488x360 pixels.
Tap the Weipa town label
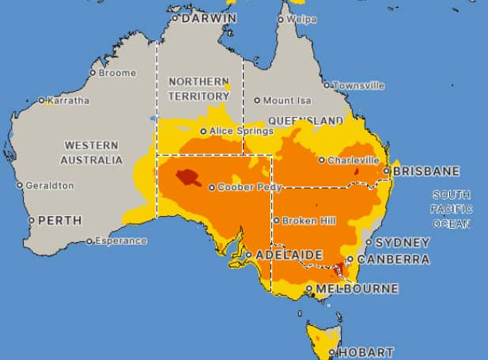pyautogui.click(x=301, y=19)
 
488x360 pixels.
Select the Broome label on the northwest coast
pyautogui.click(x=117, y=73)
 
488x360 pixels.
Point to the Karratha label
pyautogui.click(x=68, y=100)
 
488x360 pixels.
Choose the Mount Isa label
pyautogui.click(x=288, y=100)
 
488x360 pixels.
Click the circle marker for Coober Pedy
pyautogui.click(x=212, y=188)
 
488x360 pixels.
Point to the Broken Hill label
pyautogui.click(x=305, y=221)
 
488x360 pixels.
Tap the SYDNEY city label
pyautogui.click(x=402, y=243)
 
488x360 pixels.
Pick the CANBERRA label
pyautogui.click(x=393, y=260)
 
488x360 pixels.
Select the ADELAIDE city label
pyautogui.click(x=289, y=256)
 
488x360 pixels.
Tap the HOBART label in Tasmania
pyautogui.click(x=365, y=352)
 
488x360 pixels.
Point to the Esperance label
pyautogui.click(x=120, y=241)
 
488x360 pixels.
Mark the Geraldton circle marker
pyautogui.click(x=20, y=185)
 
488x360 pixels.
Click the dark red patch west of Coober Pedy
pyautogui.click(x=187, y=176)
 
